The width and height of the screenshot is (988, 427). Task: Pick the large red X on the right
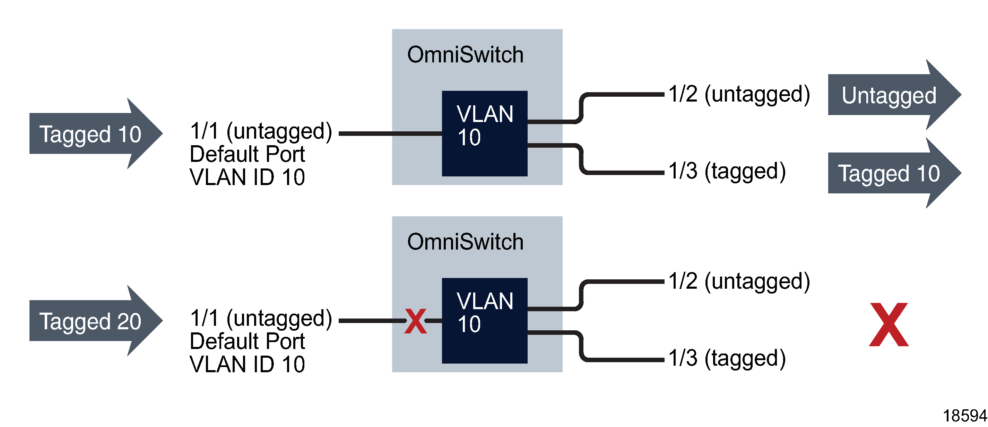(x=889, y=324)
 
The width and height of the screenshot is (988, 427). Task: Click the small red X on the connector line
(x=415, y=321)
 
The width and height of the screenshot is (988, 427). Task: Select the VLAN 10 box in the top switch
(x=484, y=133)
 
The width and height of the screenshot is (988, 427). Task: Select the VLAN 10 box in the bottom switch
(x=484, y=321)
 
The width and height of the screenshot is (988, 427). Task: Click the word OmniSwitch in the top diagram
(x=465, y=54)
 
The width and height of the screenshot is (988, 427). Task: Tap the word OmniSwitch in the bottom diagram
(x=465, y=242)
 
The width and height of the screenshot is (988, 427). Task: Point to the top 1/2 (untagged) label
(x=739, y=94)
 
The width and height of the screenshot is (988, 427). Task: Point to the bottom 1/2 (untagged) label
(x=739, y=281)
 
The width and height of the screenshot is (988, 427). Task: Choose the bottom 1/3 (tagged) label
(x=727, y=358)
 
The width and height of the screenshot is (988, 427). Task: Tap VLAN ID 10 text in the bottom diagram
(x=248, y=364)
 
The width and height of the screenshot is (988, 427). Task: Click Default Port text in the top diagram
(x=248, y=154)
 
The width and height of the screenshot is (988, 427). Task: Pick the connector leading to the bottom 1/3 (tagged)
(x=621, y=359)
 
